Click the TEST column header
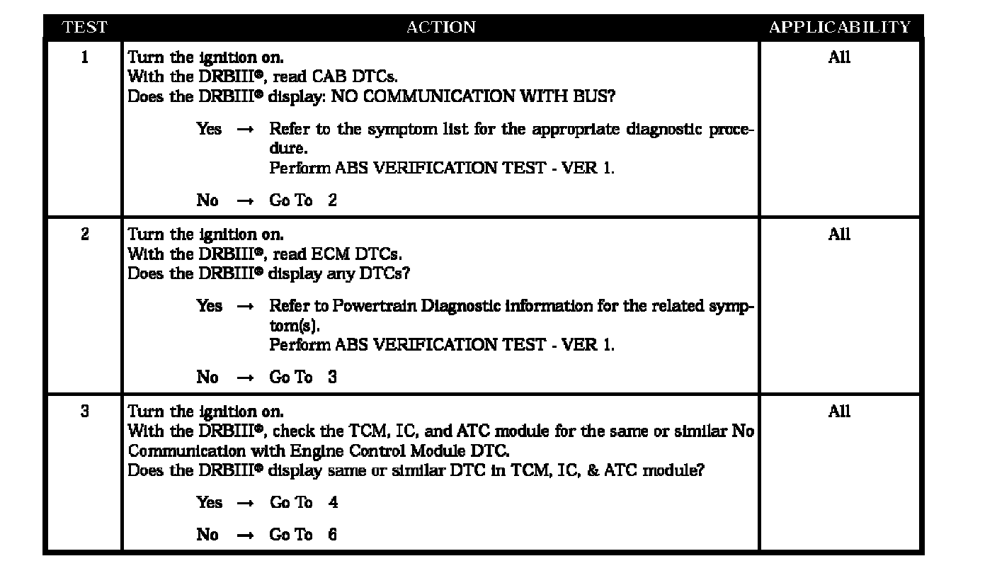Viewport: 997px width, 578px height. pos(84,28)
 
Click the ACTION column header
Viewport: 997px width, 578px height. pos(440,28)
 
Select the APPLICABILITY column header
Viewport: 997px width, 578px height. pos(840,28)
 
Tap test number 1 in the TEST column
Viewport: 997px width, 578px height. pos(85,57)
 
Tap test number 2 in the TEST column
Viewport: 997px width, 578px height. pos(85,234)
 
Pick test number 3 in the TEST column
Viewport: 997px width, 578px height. pos(85,411)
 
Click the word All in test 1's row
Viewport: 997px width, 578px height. pos(839,57)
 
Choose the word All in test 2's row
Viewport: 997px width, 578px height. pos(839,234)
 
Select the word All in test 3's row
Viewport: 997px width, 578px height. pos(839,411)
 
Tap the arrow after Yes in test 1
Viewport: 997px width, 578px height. pos(245,130)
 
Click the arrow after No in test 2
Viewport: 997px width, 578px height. pos(245,378)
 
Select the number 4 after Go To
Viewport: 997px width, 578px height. pos(333,503)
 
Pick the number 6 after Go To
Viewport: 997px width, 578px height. pos(333,535)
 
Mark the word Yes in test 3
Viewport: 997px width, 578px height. pos(209,503)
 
